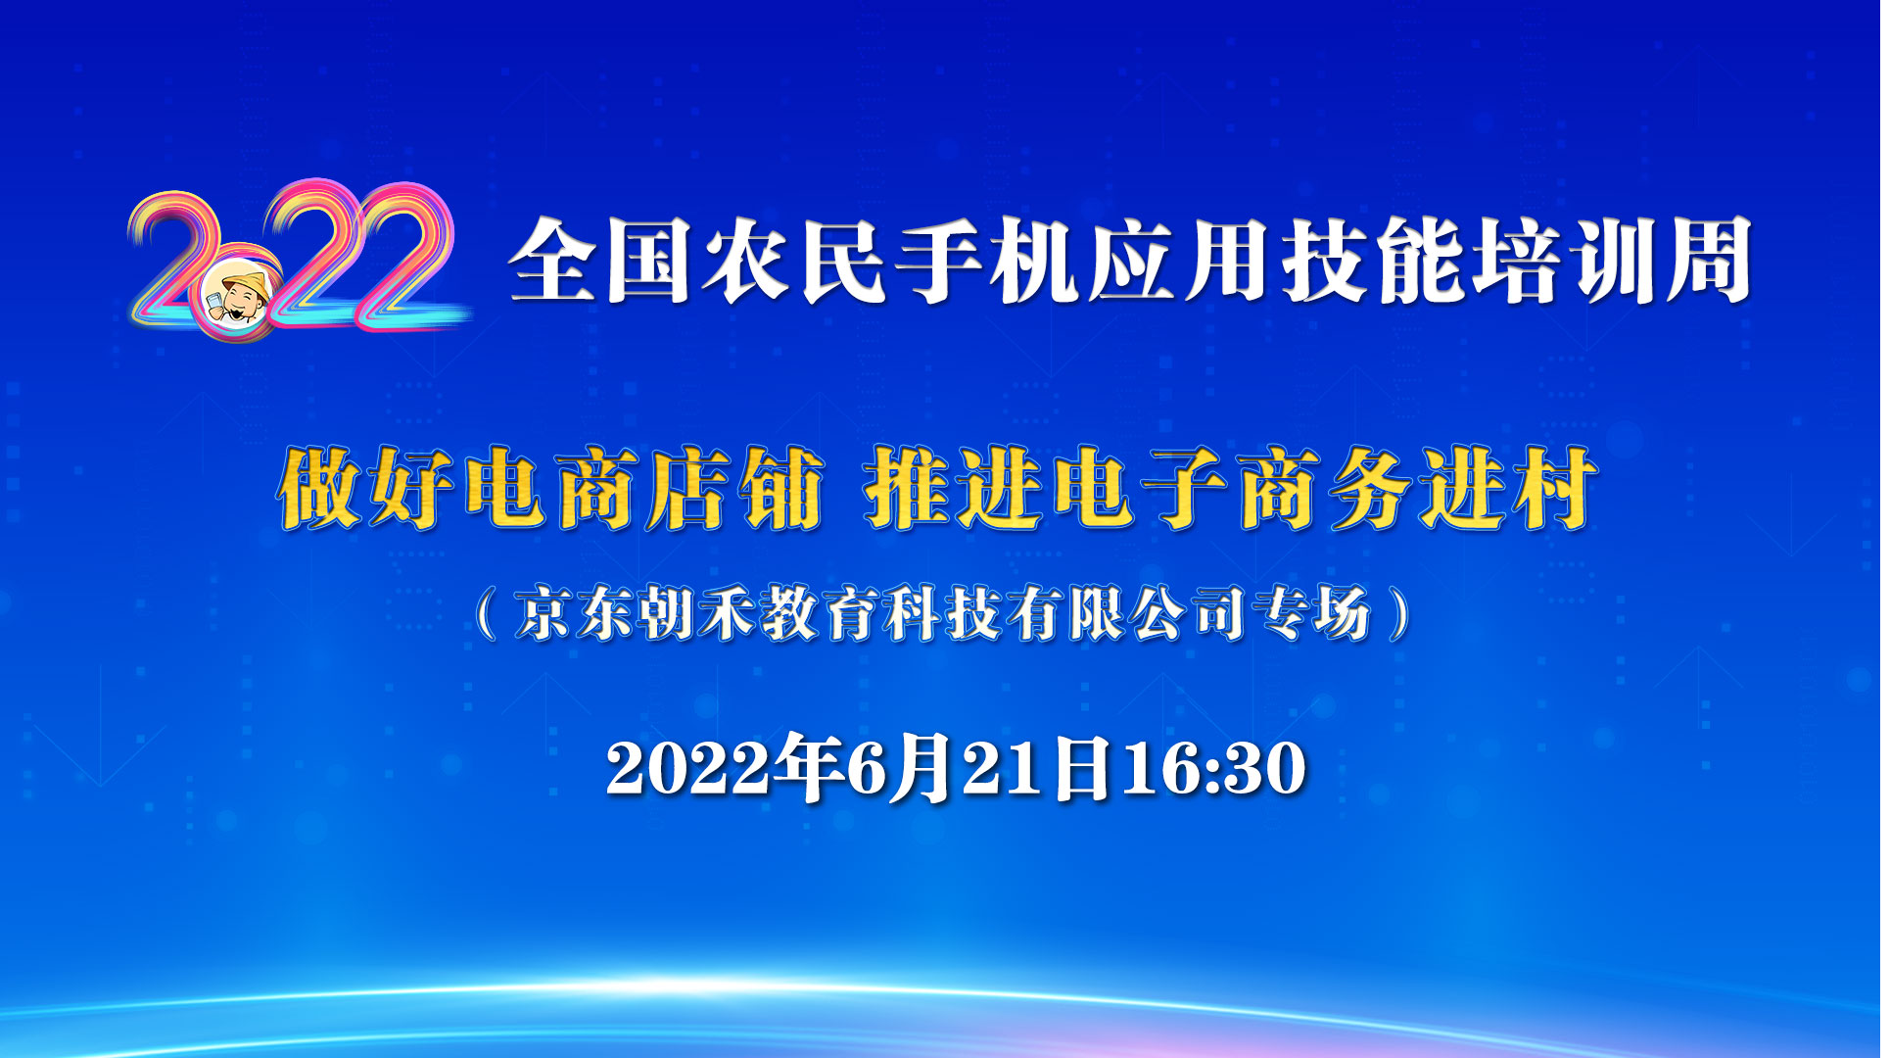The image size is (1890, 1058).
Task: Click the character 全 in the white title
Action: (551, 260)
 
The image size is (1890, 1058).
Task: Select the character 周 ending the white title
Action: (1707, 260)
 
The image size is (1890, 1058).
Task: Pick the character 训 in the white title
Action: (1611, 260)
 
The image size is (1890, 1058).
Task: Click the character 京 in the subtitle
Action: (543, 613)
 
